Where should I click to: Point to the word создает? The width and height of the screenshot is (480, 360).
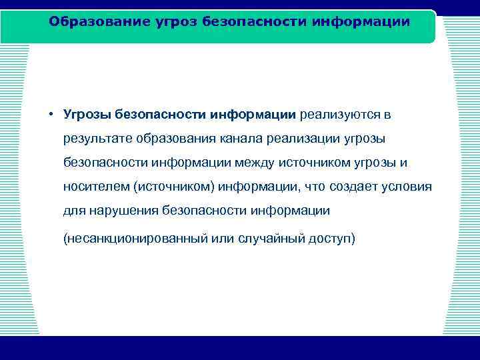(359, 186)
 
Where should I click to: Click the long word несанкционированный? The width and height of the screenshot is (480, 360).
(131, 238)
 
